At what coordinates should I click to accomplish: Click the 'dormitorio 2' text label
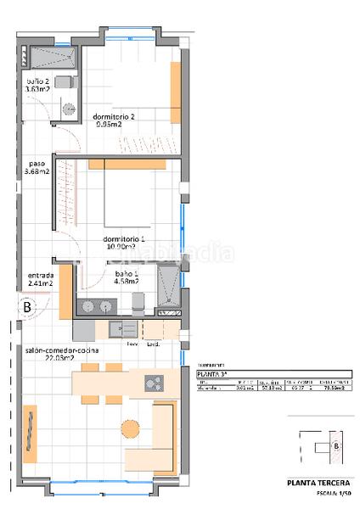(x=108, y=118)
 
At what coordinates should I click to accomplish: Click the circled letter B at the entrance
(x=27, y=307)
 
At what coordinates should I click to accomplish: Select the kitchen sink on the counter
(x=127, y=328)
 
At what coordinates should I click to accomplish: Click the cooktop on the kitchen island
(x=154, y=383)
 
